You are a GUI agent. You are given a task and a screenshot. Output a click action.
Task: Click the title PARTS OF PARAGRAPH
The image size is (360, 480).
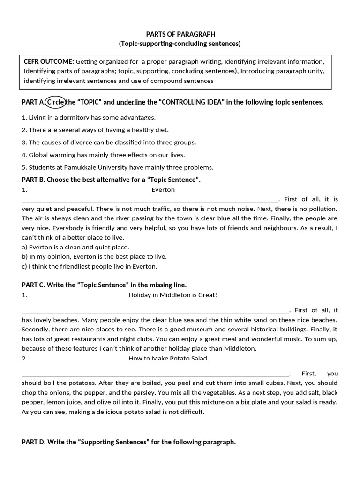pyautogui.click(x=180, y=34)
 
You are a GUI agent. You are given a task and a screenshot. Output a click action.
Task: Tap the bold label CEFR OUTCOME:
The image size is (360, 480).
pyautogui.click(x=49, y=61)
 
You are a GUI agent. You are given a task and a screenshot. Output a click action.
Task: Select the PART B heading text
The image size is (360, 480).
pyautogui.click(x=111, y=180)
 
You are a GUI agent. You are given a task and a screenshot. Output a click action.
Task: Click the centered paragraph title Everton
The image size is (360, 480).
pyautogui.click(x=163, y=190)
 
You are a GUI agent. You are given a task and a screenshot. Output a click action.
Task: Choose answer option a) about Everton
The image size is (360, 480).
pyautogui.click(x=75, y=247)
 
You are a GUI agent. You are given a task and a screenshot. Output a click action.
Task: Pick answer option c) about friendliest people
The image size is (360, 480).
pyautogui.click(x=90, y=266)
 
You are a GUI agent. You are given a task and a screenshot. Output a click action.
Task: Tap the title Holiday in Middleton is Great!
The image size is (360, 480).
pyautogui.click(x=172, y=295)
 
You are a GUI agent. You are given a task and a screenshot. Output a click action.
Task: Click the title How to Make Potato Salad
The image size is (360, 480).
pyautogui.click(x=167, y=358)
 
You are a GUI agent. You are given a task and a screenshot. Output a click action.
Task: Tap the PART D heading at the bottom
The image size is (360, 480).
pyautogui.click(x=129, y=442)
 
